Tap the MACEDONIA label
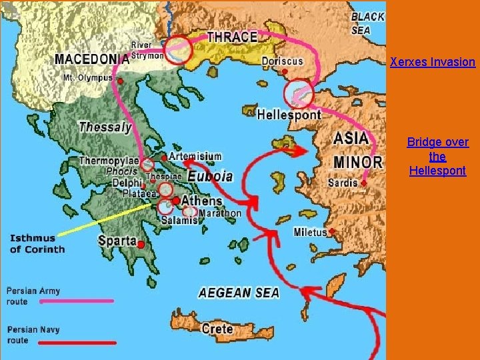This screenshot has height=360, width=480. [91, 59]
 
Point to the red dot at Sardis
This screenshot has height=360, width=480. [364, 183]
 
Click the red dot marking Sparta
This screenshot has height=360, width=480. [141, 245]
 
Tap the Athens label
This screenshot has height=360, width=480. [202, 201]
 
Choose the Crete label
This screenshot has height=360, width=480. [217, 328]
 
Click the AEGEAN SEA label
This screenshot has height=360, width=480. [239, 293]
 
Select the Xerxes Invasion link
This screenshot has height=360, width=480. [433, 62]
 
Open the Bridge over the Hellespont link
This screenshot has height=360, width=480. [437, 157]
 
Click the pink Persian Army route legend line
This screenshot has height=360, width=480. [77, 301]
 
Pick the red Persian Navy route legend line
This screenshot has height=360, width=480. [77, 343]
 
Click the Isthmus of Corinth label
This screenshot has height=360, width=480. [37, 244]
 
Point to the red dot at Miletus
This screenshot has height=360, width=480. [331, 232]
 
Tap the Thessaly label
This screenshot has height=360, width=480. [105, 127]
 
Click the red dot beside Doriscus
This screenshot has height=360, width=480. [285, 71]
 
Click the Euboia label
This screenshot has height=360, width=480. [210, 176]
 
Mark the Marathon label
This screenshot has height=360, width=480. [220, 213]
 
